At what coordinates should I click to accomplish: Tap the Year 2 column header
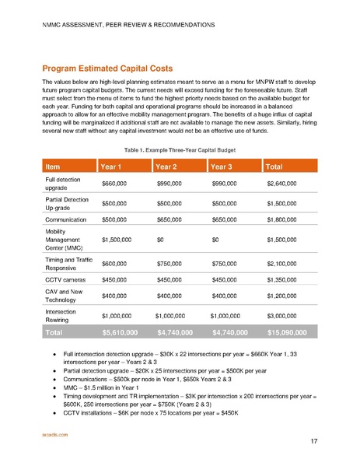(170, 166)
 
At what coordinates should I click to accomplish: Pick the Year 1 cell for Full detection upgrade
(115, 184)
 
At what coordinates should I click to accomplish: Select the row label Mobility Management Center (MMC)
(63, 240)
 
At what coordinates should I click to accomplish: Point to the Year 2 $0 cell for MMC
(160, 240)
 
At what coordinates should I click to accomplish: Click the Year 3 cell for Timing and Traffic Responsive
(225, 262)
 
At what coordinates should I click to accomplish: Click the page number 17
(313, 442)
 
